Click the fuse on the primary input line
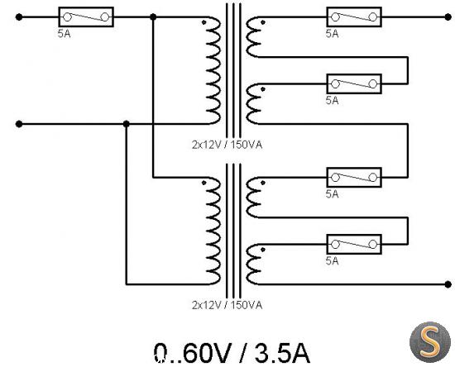(86, 17)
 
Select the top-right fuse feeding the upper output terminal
(354, 17)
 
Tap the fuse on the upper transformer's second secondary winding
(354, 84)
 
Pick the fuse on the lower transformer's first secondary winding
(354, 178)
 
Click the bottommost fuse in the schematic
(354, 245)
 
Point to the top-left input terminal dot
(19, 17)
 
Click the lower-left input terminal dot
(19, 124)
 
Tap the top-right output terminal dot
(448, 17)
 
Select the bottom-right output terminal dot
(448, 284)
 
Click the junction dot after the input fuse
(153, 17)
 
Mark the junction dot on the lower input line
(127, 124)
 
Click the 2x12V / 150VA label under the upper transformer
(227, 145)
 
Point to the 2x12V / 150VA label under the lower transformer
(227, 305)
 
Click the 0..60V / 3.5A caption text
(232, 353)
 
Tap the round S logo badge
(430, 342)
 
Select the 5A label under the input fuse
(65, 34)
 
